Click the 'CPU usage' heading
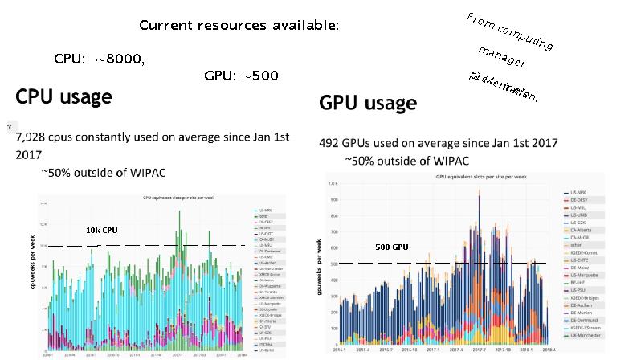coord(63,97)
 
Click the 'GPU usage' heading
coord(367,103)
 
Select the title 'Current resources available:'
coord(239,25)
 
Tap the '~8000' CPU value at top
coord(120,59)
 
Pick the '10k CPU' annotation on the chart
coord(101,230)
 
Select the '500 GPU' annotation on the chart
coord(392,247)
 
